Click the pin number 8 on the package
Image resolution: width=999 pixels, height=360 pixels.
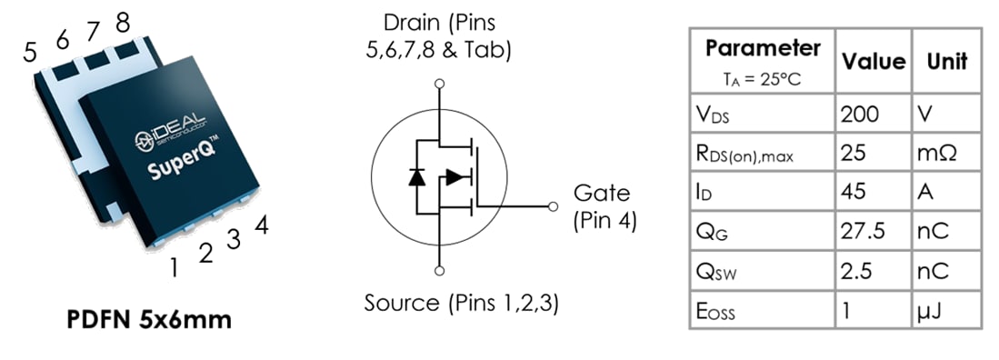122,20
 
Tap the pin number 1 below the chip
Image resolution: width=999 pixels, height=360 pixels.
174,266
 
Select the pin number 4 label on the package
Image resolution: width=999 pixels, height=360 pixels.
261,225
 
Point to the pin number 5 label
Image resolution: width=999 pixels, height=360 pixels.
31,53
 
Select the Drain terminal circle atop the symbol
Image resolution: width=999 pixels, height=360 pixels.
439,84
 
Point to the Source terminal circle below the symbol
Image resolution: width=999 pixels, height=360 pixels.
439,271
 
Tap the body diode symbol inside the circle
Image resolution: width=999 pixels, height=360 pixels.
416,176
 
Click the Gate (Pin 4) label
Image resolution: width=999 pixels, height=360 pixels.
604,207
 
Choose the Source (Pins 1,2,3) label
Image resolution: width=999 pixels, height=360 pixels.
461,303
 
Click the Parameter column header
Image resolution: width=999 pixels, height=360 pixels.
763,49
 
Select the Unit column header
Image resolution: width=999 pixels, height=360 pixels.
946,61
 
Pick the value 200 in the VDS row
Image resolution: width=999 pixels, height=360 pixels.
860,114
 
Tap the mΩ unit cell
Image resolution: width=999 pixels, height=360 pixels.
940,153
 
